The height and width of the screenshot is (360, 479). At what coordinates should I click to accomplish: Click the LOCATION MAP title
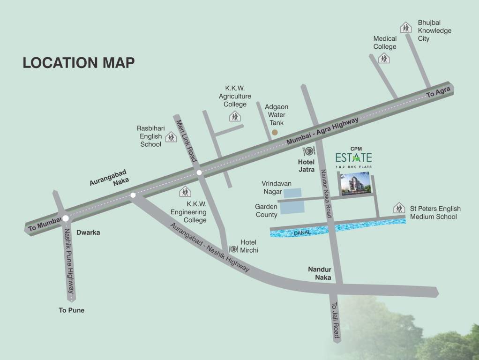click(79, 63)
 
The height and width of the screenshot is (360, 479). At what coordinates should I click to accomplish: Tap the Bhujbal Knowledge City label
click(428, 30)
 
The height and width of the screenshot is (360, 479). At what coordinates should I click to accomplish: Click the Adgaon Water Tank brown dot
click(275, 133)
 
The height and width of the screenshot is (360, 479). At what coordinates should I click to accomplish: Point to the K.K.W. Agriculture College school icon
click(235, 116)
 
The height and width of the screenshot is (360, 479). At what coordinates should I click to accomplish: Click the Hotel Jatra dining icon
click(309, 151)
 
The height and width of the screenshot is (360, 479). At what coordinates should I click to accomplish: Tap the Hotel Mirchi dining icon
click(233, 248)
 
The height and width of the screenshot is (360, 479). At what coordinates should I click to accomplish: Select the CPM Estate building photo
click(355, 183)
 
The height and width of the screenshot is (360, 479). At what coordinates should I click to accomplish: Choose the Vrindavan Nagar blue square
click(293, 192)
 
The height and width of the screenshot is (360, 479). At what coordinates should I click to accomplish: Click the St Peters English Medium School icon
click(399, 208)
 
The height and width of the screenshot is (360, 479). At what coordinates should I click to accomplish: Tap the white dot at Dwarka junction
click(66, 218)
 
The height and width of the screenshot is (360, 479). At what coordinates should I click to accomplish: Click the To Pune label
click(71, 310)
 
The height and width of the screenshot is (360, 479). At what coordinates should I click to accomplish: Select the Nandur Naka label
click(320, 273)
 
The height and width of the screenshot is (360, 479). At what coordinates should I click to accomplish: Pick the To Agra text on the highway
click(438, 92)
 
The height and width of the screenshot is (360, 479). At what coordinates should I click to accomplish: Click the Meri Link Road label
click(186, 141)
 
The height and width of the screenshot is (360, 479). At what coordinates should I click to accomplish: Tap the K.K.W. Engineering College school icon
click(186, 192)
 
